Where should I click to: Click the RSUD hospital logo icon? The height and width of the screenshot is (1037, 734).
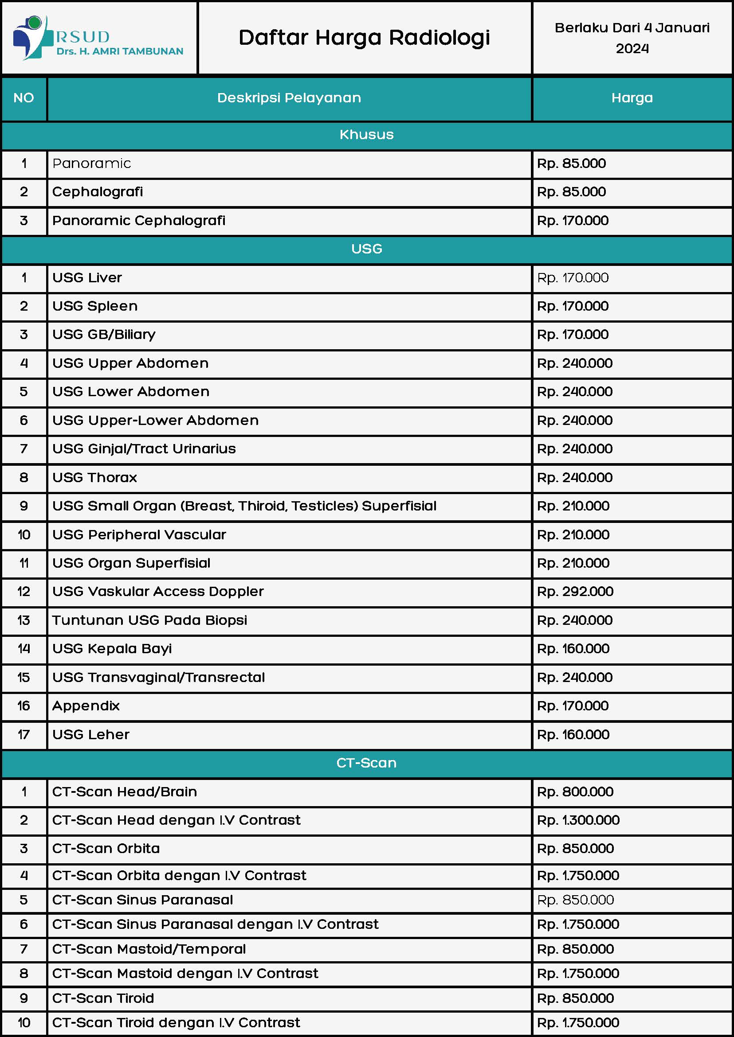[x=30, y=37]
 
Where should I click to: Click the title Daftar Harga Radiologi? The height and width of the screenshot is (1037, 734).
[x=364, y=38]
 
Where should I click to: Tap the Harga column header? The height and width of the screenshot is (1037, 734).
[x=632, y=98]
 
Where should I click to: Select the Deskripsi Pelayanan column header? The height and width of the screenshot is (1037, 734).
[x=289, y=98]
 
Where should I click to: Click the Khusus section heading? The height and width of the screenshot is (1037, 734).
[x=366, y=135]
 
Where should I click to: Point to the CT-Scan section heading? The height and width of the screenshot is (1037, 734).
[x=366, y=763]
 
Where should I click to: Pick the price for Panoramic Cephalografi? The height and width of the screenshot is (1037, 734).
[x=573, y=221]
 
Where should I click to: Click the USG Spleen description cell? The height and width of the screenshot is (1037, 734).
[x=95, y=306]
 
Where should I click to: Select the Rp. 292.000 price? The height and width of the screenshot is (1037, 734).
[x=575, y=592]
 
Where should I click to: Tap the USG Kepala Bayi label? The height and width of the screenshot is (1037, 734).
[x=112, y=649]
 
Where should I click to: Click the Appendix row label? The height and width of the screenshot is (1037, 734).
[x=86, y=706]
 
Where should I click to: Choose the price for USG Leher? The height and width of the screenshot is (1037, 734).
[x=573, y=734]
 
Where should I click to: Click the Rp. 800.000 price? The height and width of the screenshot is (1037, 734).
[x=575, y=792]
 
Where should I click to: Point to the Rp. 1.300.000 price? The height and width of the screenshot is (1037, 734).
[x=578, y=820]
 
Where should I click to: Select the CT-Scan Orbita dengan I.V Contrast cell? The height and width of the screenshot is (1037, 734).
[x=179, y=875]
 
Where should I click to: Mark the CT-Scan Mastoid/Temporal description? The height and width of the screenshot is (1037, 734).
[x=149, y=949]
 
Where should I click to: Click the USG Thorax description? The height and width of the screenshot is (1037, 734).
[x=94, y=477]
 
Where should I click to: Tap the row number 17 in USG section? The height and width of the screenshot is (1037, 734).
[x=24, y=734]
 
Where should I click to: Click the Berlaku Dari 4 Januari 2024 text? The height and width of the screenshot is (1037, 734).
[x=632, y=38]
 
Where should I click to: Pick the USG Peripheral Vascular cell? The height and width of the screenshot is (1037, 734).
[x=139, y=535]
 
